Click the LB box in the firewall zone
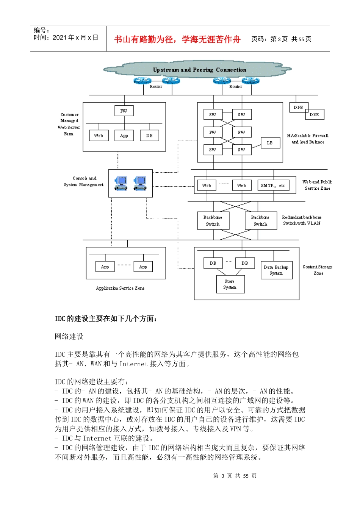269,143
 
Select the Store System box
230,284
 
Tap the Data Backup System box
276,270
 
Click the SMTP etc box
273,185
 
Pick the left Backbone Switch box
213,220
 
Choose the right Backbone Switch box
260,220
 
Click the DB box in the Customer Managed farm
149,136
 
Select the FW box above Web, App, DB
124,111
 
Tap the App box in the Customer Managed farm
124,136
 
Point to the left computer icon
121,183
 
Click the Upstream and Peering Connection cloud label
199,70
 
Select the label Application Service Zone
120,288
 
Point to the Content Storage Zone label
318,270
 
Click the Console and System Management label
84,181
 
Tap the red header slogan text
177,39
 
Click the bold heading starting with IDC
106,319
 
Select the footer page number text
235,476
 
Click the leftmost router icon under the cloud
142,81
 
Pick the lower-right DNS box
314,114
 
